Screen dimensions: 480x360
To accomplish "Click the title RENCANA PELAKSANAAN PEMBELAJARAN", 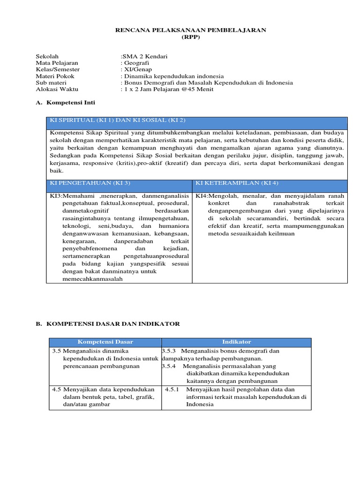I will point(191,30).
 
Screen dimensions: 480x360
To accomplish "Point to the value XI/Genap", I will point(137,69).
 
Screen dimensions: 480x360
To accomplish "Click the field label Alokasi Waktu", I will point(57,89).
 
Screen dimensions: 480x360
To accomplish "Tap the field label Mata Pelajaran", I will point(57,63).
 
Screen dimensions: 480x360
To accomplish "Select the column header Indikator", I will point(237,342).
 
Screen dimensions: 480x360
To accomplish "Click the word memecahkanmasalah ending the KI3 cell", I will point(92,279).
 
